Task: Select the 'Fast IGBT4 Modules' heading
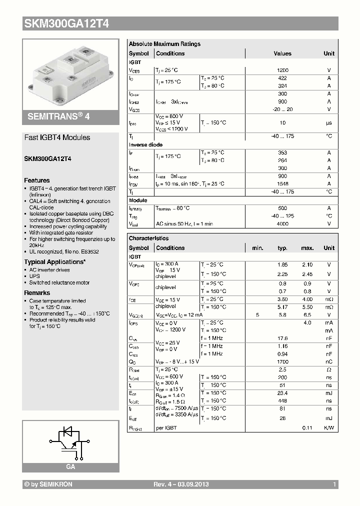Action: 57,137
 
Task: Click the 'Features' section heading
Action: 37,180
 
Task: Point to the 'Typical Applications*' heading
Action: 54,262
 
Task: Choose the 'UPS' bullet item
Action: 34,276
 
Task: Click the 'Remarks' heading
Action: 37,293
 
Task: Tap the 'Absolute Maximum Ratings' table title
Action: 164,44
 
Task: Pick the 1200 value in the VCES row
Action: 282,71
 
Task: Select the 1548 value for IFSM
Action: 282,184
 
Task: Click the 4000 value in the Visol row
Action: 282,224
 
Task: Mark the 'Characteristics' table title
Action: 148,238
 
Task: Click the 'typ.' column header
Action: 282,248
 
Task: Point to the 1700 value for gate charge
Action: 282,361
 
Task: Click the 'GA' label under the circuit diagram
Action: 70,466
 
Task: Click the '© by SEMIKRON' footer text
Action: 48,485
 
